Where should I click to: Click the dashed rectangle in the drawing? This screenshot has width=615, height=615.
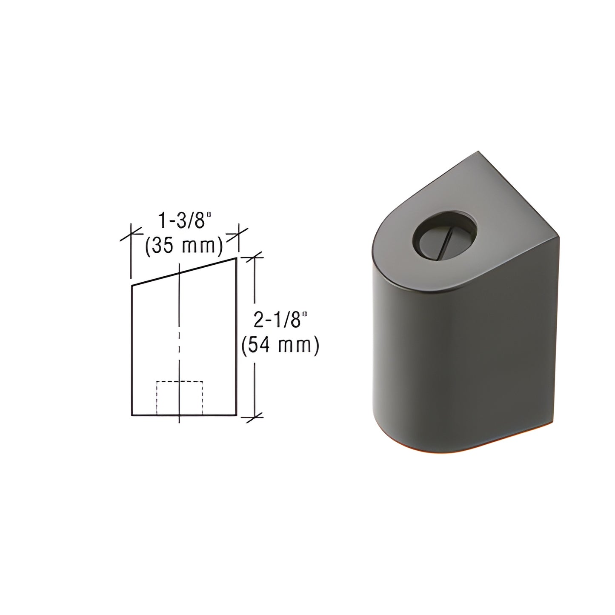point(180,398)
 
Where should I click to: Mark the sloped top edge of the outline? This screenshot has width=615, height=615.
point(184,272)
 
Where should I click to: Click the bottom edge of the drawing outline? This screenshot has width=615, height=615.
point(184,415)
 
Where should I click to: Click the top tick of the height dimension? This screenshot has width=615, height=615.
point(254,257)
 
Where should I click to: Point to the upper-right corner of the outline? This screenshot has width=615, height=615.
point(236,258)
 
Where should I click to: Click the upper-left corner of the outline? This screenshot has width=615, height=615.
point(131,286)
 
